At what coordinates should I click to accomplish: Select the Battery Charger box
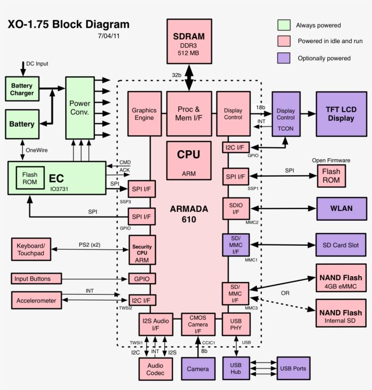tap(22, 89)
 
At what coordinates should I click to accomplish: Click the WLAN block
tap(341, 209)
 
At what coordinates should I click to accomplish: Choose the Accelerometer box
tap(36, 301)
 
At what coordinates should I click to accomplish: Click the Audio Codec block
tap(156, 369)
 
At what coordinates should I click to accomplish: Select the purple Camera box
tap(198, 369)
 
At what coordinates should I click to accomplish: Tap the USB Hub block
tap(236, 369)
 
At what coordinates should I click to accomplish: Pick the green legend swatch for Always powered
tap(284, 25)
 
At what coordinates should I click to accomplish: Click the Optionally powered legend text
tap(324, 58)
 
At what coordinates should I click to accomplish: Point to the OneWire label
tap(37, 150)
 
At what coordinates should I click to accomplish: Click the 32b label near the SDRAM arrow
tap(176, 75)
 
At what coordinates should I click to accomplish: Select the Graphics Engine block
tap(144, 114)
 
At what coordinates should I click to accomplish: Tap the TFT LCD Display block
tap(341, 114)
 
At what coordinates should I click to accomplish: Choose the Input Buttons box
tap(36, 278)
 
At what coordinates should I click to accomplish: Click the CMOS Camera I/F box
tap(198, 324)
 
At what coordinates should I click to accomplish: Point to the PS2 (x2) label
tap(89, 245)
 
